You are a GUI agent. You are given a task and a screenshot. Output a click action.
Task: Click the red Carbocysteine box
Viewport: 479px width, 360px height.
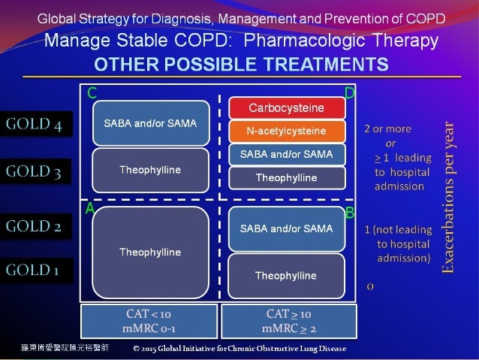tap(286, 108)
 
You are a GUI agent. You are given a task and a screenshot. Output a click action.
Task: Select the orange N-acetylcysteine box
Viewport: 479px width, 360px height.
tap(286, 132)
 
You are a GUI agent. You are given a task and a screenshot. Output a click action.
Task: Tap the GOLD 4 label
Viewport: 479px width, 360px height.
tap(34, 125)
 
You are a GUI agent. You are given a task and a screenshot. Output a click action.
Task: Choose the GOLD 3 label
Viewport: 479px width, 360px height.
tap(34, 171)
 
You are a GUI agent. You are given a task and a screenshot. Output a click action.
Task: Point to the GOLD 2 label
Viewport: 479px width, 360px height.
tap(34, 225)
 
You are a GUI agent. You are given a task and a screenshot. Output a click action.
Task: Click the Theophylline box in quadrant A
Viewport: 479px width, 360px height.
tap(150, 252)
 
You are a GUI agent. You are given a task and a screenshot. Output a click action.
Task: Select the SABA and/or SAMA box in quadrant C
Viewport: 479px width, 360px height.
tap(150, 123)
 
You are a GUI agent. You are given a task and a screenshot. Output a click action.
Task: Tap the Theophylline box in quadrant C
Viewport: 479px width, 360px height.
tap(150, 171)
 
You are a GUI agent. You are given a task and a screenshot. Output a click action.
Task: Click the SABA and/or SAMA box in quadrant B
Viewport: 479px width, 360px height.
tap(286, 228)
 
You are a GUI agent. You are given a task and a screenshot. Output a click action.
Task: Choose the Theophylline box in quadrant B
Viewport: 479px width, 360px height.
tap(286, 276)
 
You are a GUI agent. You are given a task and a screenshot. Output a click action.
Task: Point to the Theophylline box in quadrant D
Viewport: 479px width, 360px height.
tap(286, 178)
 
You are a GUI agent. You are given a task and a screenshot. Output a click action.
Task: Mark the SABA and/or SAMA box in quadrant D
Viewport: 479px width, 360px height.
tap(286, 155)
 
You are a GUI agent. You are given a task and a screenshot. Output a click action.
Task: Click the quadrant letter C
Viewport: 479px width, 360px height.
tap(91, 93)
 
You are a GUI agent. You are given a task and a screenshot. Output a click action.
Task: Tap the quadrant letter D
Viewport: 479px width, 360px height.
tap(349, 92)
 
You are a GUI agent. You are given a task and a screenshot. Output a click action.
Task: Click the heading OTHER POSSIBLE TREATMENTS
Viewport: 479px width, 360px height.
tap(239, 63)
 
